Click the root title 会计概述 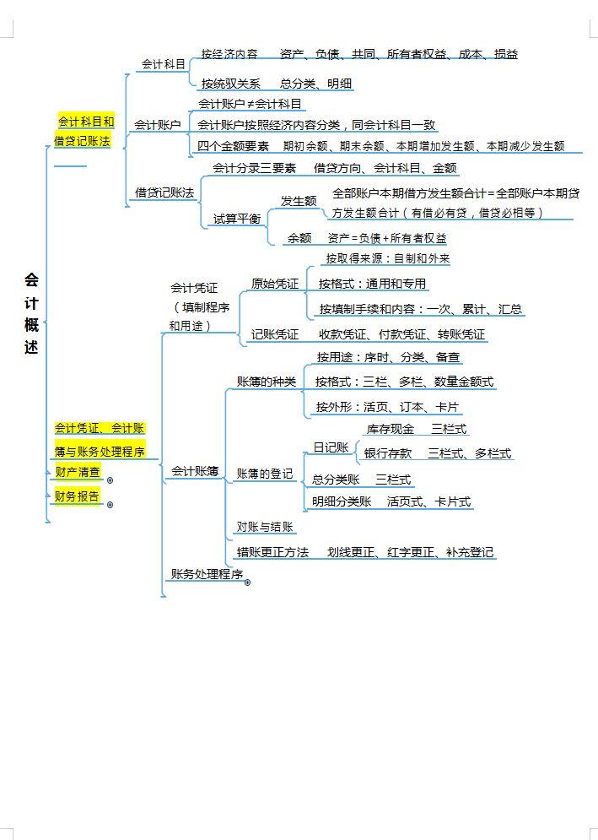(31, 313)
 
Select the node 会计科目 (163, 64)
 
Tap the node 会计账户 (158, 125)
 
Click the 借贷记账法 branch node (164, 192)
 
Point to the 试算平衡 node (237, 219)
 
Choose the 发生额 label (299, 201)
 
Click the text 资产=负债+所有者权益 (387, 238)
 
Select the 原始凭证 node (275, 284)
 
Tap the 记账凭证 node (275, 334)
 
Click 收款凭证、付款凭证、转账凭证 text (401, 334)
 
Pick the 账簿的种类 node (266, 382)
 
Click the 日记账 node (331, 447)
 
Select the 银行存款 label (388, 453)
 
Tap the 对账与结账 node (265, 527)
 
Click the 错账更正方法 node (272, 552)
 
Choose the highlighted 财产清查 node (78, 471)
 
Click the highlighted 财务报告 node (78, 496)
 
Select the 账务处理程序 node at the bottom (207, 574)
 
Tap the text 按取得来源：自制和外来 (388, 258)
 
